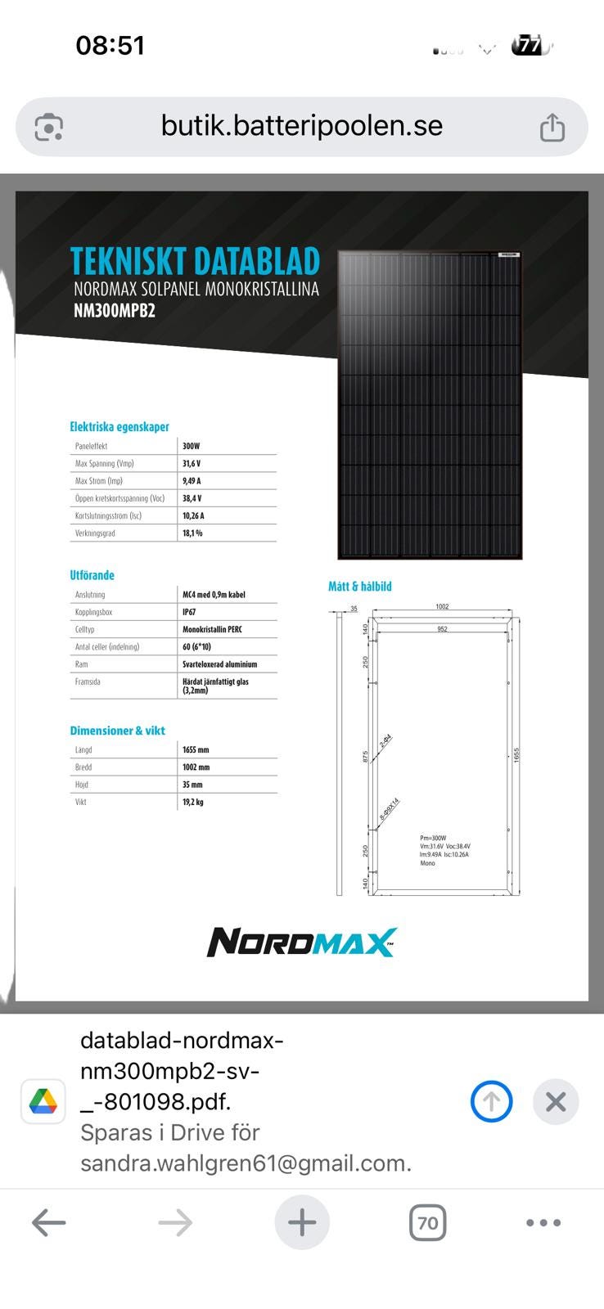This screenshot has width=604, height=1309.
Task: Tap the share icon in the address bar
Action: click(x=552, y=128)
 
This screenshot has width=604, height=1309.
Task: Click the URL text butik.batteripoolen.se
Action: click(x=301, y=125)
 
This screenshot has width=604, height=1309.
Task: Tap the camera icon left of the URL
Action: click(x=49, y=128)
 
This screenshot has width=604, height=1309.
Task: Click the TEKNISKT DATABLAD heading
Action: click(x=195, y=261)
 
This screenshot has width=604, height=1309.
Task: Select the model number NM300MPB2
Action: click(x=114, y=311)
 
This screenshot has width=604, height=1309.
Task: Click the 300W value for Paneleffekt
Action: click(x=191, y=446)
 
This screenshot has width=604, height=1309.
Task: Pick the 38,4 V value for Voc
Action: click(x=192, y=498)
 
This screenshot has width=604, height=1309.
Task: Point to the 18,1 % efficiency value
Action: click(x=192, y=533)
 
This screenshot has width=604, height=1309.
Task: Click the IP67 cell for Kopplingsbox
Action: click(x=189, y=612)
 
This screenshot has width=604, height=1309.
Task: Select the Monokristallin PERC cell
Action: click(x=212, y=629)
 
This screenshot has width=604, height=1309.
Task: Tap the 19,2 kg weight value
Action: click(x=192, y=802)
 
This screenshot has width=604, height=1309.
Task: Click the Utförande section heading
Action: click(x=92, y=575)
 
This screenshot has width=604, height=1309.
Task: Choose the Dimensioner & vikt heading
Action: click(x=117, y=731)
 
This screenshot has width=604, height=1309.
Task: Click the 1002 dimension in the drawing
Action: click(x=442, y=607)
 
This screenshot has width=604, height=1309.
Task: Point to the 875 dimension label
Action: click(x=365, y=757)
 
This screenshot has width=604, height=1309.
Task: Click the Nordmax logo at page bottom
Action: click(x=301, y=942)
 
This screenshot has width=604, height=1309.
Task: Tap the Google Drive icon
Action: click(x=43, y=1101)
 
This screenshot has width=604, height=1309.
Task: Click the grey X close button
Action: click(x=556, y=1101)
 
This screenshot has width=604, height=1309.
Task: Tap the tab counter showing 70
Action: click(x=427, y=1223)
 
